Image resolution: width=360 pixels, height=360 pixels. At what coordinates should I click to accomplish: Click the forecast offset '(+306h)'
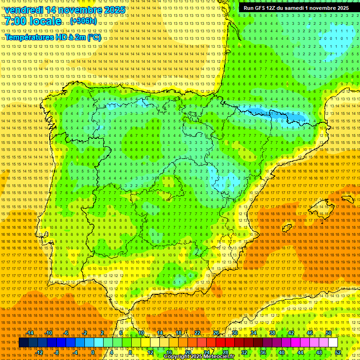83,22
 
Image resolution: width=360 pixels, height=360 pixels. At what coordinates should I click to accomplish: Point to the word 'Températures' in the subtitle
29,37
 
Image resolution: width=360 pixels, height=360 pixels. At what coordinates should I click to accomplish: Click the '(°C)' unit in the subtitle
93,37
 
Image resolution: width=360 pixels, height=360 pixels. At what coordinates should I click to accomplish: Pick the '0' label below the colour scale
93,352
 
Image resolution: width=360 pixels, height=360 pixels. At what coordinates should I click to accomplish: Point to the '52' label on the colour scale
338,352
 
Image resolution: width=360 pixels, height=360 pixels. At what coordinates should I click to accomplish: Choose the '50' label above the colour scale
329,333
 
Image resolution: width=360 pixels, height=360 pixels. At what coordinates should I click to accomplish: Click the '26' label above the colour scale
216,333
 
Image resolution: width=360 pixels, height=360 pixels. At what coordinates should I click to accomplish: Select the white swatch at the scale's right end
333,343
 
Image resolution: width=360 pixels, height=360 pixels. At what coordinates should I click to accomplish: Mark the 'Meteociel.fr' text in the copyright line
222,357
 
